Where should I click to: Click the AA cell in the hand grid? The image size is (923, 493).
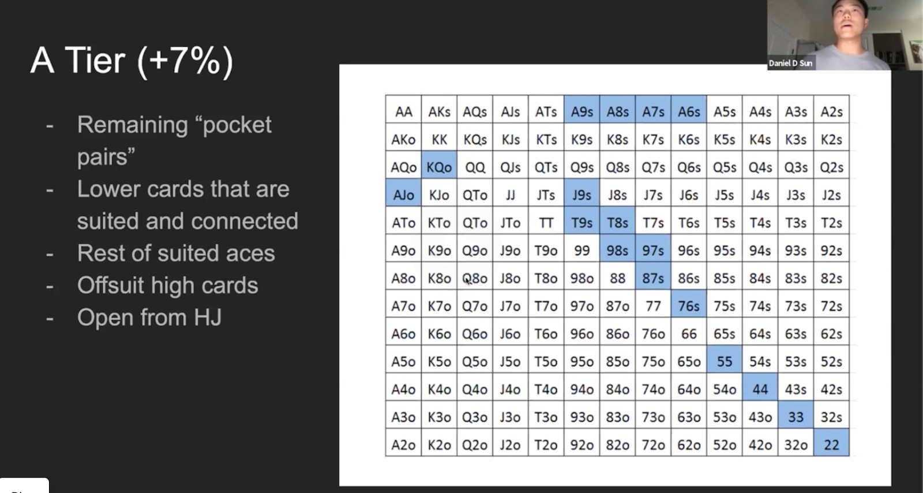coord(403,111)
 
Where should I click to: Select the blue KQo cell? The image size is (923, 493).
coord(439,167)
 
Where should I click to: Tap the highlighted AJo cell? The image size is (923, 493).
coord(403,195)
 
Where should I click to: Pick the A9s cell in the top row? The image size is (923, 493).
coord(581,111)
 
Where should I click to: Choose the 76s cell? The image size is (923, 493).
coord(689,306)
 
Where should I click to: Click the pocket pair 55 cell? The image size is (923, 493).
coord(725,361)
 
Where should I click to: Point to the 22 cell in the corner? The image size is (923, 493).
coord(831,445)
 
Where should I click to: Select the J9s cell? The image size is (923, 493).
coord(581,195)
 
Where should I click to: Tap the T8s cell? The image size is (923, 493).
coord(617,223)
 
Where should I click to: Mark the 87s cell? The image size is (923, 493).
coord(653,278)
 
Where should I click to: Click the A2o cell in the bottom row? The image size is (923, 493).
coord(403,445)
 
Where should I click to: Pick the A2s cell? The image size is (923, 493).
coord(831,111)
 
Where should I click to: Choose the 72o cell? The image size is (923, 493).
coord(653,445)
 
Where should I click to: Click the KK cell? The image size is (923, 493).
coord(439,139)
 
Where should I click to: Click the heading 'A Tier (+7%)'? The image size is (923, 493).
coord(132,60)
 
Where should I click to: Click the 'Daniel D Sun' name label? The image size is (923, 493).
coord(790,63)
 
